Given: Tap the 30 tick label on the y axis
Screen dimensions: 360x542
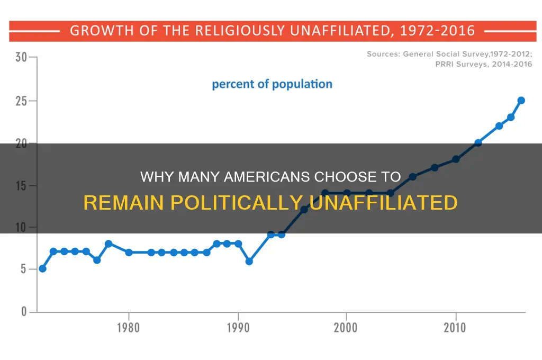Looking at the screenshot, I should coord(21,57).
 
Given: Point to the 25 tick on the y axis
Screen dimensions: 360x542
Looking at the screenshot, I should coord(21,101).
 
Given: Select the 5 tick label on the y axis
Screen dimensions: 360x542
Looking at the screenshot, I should coord(23,269).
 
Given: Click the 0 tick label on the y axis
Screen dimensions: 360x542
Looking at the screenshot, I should coord(23,312).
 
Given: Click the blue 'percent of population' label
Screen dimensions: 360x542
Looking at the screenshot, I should coord(272,84).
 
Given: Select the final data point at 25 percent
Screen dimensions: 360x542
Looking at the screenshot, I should coord(521,100).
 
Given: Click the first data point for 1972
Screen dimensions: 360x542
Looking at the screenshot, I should coord(42,268).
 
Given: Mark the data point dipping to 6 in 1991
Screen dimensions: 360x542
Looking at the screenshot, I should coord(249,261).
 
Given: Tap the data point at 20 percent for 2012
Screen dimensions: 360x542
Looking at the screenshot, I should coord(478,142).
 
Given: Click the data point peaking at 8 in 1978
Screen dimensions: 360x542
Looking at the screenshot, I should coord(108,244).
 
